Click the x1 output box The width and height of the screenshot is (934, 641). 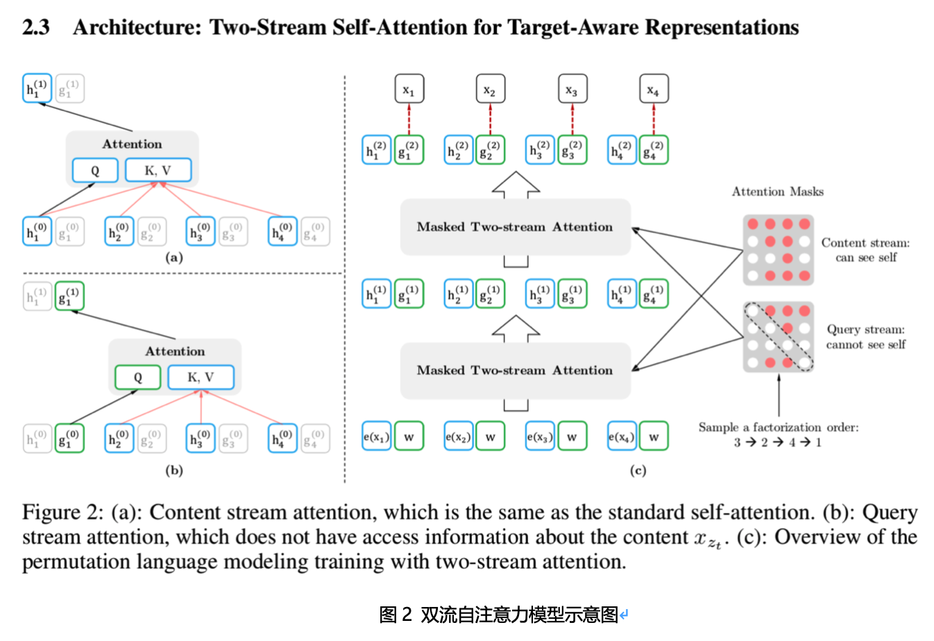pos(409,89)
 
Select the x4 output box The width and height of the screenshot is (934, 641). pos(653,89)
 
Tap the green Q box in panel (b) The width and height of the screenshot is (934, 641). pos(137,377)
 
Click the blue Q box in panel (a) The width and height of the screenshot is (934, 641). pos(95,171)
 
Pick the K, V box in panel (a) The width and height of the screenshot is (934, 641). pos(158,171)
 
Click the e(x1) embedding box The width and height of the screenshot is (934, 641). pos(376,436)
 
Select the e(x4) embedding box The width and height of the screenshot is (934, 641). pos(621,436)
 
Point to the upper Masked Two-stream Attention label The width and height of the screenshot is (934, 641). pos(514,227)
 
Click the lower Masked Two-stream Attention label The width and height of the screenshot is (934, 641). pos(514,370)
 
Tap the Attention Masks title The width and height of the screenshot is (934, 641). pos(777,191)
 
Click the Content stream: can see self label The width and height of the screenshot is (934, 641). pos(865,250)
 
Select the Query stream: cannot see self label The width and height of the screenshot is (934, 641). pos(865,337)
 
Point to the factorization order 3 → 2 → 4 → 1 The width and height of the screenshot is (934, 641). pos(777,443)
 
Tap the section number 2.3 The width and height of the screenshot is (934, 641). pos(35,27)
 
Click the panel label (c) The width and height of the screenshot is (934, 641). pos(638,470)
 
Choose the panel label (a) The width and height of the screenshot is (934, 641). pos(173,257)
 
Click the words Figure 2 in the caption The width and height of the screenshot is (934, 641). pos(62,513)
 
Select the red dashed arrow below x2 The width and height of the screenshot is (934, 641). pos(490,119)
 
